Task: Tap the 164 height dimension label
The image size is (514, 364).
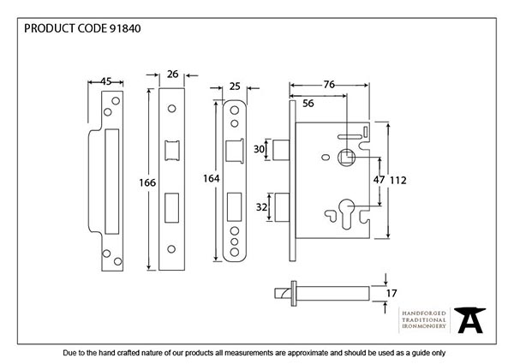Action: click(210, 178)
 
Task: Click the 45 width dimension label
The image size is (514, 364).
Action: click(105, 82)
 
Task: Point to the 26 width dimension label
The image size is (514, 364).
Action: click(173, 75)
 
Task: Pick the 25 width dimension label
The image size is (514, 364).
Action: click(236, 87)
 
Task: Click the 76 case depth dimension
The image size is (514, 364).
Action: click(328, 84)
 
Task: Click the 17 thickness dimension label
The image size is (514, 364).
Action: click(391, 292)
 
